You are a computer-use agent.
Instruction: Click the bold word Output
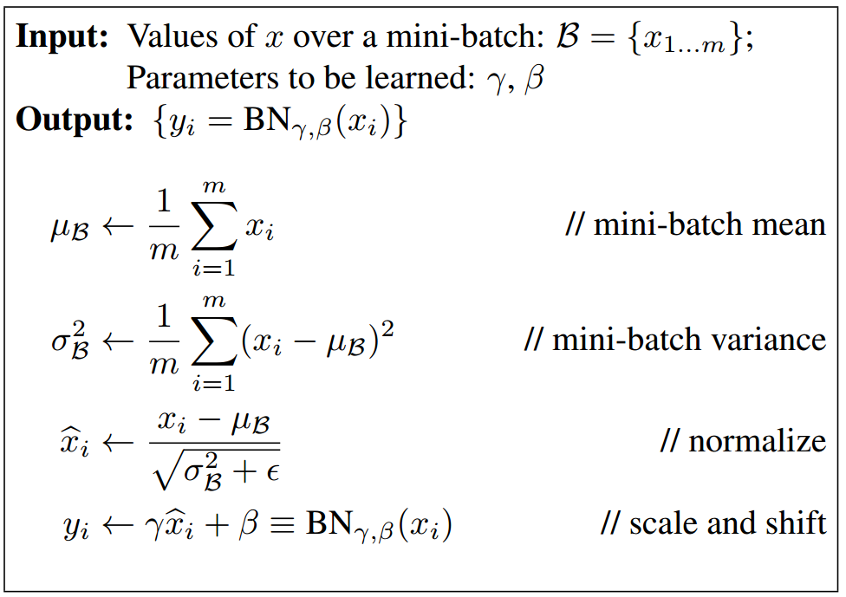pos(75,120)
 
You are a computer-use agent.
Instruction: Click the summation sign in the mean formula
pos(214,225)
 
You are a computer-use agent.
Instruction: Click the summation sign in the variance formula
pos(214,341)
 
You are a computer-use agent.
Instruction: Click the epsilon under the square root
pos(272,473)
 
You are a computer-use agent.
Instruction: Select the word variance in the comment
pos(767,341)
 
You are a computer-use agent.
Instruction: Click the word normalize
pos(757,441)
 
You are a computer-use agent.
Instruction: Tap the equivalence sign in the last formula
pos(283,524)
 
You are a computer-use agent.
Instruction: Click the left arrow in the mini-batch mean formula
pos(118,226)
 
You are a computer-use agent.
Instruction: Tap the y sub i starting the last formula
pos(76,527)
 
